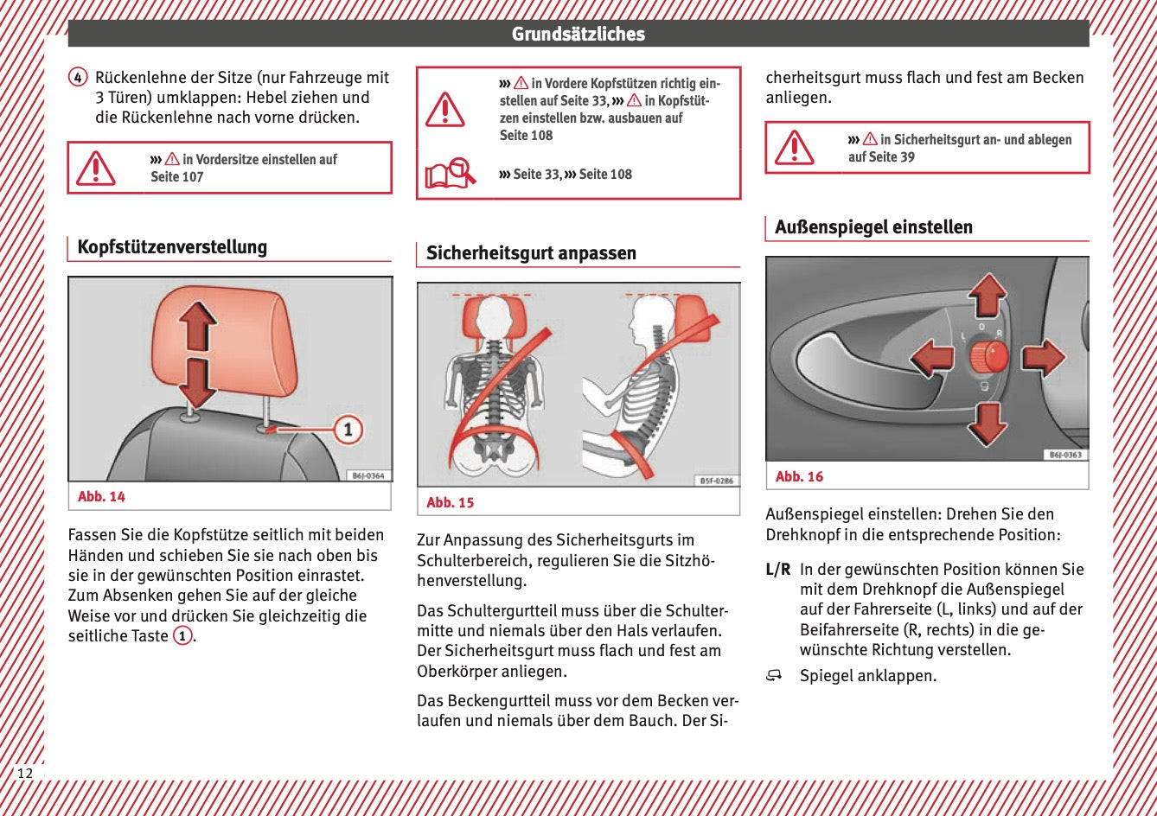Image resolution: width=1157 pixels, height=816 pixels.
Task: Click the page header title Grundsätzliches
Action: click(578, 35)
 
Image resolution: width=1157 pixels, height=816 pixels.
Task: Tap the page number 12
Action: click(25, 773)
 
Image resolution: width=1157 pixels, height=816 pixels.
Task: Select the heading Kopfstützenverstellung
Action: click(172, 247)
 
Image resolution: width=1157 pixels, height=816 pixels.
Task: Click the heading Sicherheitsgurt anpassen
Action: click(531, 253)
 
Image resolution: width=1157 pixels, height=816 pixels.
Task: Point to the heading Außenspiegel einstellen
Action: click(873, 227)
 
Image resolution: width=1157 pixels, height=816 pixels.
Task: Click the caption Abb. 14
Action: click(101, 496)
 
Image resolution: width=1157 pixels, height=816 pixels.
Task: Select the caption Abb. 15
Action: click(450, 502)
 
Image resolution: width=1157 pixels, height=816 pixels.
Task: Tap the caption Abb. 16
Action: click(799, 476)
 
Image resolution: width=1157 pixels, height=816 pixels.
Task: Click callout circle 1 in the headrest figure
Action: click(348, 429)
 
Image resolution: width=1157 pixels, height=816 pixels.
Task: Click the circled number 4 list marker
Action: click(78, 78)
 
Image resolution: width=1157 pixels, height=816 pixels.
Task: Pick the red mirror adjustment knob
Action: click(988, 355)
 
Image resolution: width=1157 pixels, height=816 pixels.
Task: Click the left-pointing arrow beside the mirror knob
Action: click(932, 357)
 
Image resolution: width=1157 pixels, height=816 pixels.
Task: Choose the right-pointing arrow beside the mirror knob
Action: click(1043, 357)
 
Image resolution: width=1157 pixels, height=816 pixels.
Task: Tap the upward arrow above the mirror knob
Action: click(988, 296)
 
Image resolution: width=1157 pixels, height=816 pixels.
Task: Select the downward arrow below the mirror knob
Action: click(988, 423)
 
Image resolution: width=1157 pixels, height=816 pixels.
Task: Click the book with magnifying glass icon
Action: click(450, 174)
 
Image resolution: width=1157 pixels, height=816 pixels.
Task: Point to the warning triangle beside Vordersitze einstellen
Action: click(95, 168)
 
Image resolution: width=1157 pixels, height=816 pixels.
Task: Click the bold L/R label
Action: click(778, 570)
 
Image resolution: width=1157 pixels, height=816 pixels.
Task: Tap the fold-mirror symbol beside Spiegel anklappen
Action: click(773, 675)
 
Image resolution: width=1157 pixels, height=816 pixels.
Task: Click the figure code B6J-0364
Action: click(369, 475)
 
